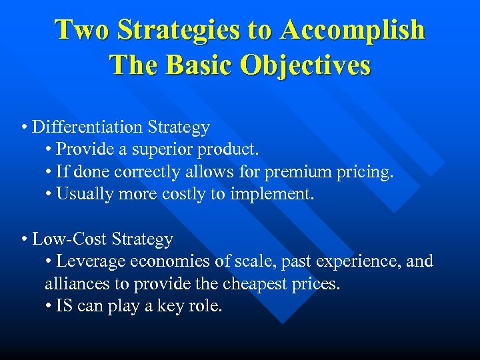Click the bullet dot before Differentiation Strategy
[x=24, y=127]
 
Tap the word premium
[x=296, y=173]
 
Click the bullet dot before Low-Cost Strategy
[x=24, y=239]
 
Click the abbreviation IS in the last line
[x=64, y=307]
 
